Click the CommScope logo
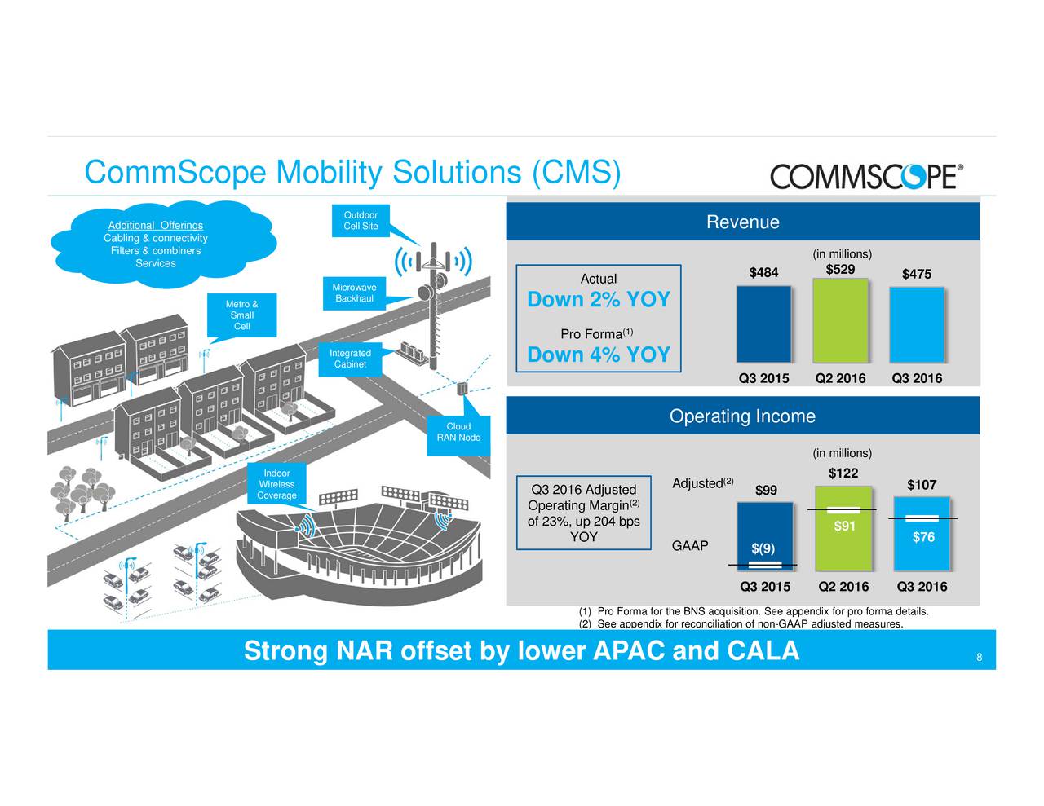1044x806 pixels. tap(866, 176)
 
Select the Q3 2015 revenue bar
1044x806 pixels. tap(763, 324)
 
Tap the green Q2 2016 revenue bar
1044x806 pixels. tap(840, 320)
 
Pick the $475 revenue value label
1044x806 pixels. tap(917, 274)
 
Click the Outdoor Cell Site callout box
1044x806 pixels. tap(361, 221)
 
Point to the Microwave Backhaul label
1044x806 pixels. tap(354, 293)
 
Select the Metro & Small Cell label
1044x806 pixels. tap(241, 315)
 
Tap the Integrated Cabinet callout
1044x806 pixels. tap(350, 359)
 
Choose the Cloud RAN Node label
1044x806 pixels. tap(458, 432)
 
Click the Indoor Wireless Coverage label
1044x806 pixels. tap(276, 484)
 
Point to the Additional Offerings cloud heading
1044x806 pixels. tap(156, 226)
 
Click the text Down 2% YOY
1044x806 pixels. tap(599, 300)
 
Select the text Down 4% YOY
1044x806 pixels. tap(599, 355)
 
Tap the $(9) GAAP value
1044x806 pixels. tap(763, 548)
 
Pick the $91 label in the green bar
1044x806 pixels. tap(845, 526)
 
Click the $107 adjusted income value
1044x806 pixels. tap(922, 486)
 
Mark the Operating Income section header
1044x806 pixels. tap(742, 416)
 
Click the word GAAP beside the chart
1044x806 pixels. tap(690, 546)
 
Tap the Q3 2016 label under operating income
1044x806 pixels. tap(922, 587)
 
